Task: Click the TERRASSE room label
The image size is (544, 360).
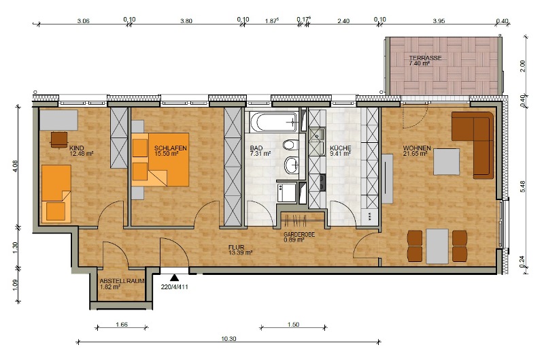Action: coord(425,58)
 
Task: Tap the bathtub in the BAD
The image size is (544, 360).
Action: coord(274,122)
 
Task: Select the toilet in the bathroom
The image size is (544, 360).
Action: coord(290,144)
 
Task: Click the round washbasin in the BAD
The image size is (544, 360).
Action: coord(292,165)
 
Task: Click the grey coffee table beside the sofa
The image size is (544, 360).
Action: coord(446,162)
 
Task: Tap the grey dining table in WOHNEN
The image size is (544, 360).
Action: coord(437,246)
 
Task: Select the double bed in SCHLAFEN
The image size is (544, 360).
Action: coord(160,159)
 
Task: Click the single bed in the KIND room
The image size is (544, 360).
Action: coord(56,193)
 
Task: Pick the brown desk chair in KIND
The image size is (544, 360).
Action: coord(59,140)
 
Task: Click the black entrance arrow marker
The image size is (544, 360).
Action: coord(174,278)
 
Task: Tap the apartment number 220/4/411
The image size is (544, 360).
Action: coord(175,287)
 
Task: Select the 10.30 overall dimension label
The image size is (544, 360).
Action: coord(228,338)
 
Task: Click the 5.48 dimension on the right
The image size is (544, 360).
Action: coord(523,186)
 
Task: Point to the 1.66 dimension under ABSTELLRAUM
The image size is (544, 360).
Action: coord(122,325)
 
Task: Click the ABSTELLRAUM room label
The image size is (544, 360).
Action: coord(122,281)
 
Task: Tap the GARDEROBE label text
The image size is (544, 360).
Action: coord(299,235)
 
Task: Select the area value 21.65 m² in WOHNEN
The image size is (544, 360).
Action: coord(415,153)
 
